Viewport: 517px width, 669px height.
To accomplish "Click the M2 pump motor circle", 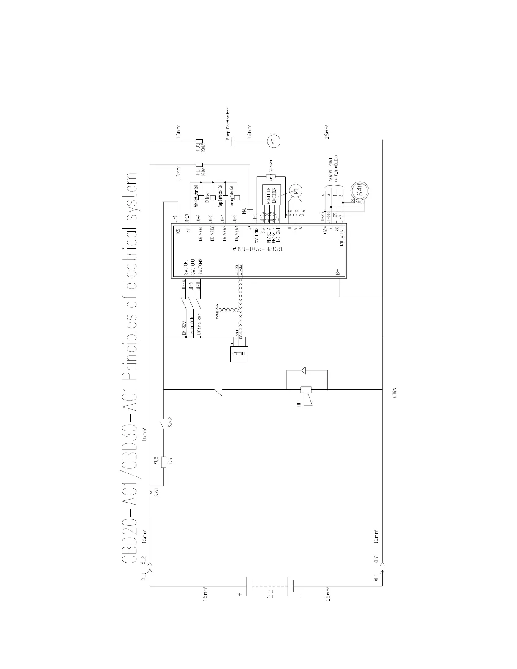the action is coord(272,142).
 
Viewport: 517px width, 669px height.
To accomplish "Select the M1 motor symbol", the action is coord(296,190).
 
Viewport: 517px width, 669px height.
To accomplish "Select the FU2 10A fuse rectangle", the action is coord(164,461).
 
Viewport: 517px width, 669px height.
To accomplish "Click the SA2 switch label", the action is coord(170,423).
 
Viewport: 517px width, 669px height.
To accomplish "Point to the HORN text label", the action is coord(394,394).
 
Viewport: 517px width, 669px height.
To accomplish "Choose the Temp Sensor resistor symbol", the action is coord(267,177).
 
